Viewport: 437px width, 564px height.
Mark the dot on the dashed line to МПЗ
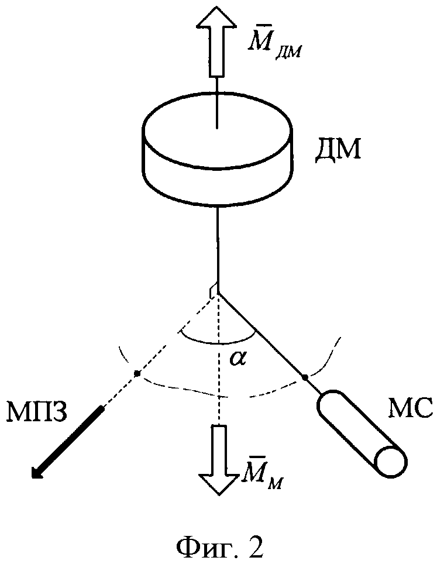point(137,373)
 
